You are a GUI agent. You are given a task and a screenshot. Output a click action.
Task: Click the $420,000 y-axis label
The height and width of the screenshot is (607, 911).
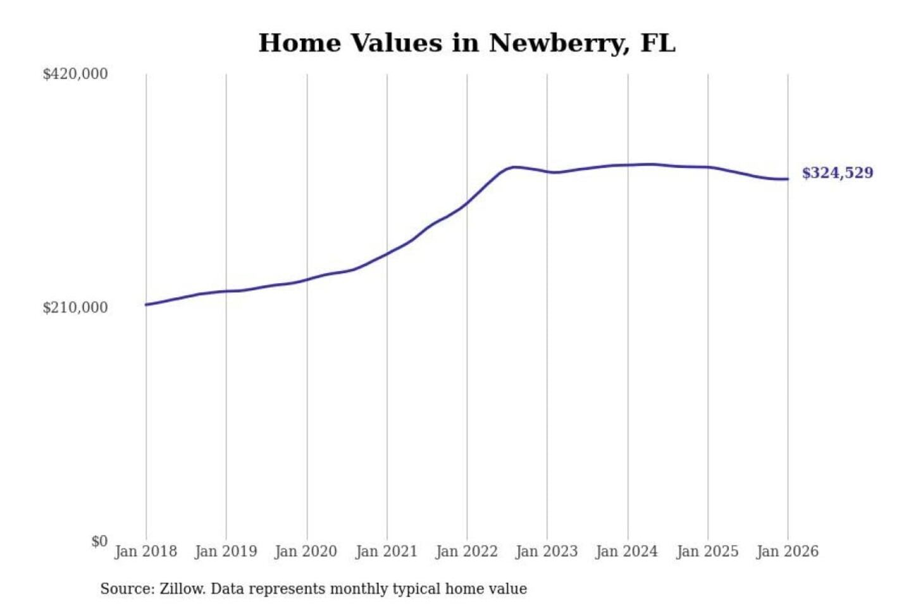75,74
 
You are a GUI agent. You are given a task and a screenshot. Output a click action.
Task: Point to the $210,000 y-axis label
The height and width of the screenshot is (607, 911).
75,308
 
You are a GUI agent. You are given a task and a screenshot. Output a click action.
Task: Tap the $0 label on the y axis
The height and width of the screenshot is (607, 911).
99,542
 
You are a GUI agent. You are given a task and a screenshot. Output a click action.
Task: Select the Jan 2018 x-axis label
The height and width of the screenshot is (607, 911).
146,551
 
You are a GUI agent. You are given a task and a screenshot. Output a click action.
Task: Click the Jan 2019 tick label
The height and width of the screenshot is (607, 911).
226,551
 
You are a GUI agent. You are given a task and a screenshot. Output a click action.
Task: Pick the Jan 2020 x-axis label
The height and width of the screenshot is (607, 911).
306,551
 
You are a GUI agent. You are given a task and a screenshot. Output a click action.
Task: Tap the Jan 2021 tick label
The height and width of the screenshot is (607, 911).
387,551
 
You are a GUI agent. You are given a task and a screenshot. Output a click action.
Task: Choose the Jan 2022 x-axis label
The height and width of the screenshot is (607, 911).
467,551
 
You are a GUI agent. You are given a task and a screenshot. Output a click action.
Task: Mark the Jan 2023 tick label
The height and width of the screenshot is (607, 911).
547,551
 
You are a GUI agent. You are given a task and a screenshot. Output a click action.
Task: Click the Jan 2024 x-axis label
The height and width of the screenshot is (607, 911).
627,551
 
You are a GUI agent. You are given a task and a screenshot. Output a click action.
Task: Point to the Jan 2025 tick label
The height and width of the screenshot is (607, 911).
707,551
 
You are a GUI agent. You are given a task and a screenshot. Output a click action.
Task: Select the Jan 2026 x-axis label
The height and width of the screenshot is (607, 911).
788,551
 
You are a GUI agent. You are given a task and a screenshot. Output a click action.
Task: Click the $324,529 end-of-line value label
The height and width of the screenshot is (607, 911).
838,173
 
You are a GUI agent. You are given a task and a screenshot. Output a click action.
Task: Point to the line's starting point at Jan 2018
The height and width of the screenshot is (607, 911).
146,305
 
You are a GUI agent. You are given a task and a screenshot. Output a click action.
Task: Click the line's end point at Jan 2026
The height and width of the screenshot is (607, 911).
788,179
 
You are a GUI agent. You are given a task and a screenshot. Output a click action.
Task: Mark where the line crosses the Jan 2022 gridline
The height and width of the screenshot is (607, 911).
468,202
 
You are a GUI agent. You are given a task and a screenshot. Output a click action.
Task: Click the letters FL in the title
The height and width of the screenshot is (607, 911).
658,43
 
